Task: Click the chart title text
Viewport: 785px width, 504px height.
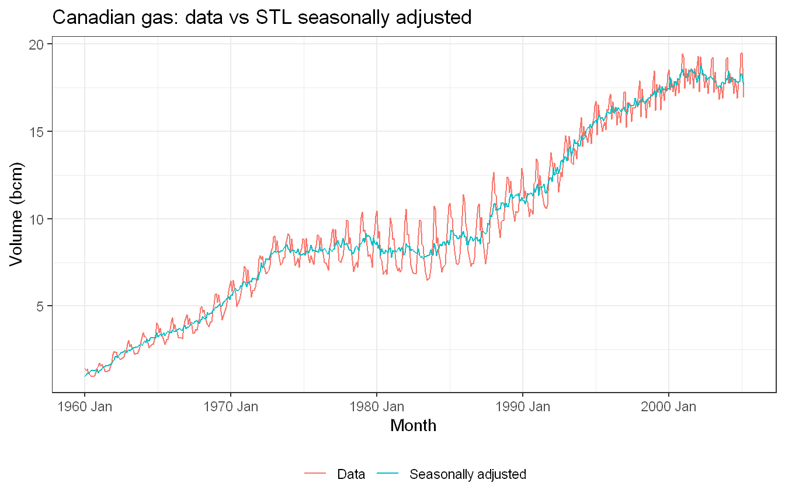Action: click(x=262, y=17)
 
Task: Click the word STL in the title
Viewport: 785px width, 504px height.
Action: click(x=274, y=17)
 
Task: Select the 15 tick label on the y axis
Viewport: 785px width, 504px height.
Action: click(x=36, y=132)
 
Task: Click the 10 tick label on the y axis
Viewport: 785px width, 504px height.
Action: click(x=36, y=219)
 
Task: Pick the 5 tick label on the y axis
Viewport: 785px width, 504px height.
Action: click(x=39, y=307)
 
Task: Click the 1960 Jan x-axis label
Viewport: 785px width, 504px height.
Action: click(x=85, y=407)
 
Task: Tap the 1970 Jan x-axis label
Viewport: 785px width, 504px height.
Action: click(x=231, y=407)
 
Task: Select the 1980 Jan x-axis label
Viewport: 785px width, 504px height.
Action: click(x=377, y=407)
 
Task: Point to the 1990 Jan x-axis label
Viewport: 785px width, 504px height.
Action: click(x=523, y=407)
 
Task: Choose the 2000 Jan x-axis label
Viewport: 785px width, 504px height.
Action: click(x=669, y=407)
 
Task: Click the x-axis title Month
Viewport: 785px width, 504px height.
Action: click(x=413, y=426)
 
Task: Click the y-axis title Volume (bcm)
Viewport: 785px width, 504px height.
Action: click(x=16, y=214)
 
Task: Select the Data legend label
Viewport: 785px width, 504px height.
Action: click(x=351, y=474)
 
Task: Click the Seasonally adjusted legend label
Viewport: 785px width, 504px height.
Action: click(x=468, y=475)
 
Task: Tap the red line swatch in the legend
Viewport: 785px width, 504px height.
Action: click(x=315, y=474)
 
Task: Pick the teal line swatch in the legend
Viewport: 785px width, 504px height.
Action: click(x=388, y=474)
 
